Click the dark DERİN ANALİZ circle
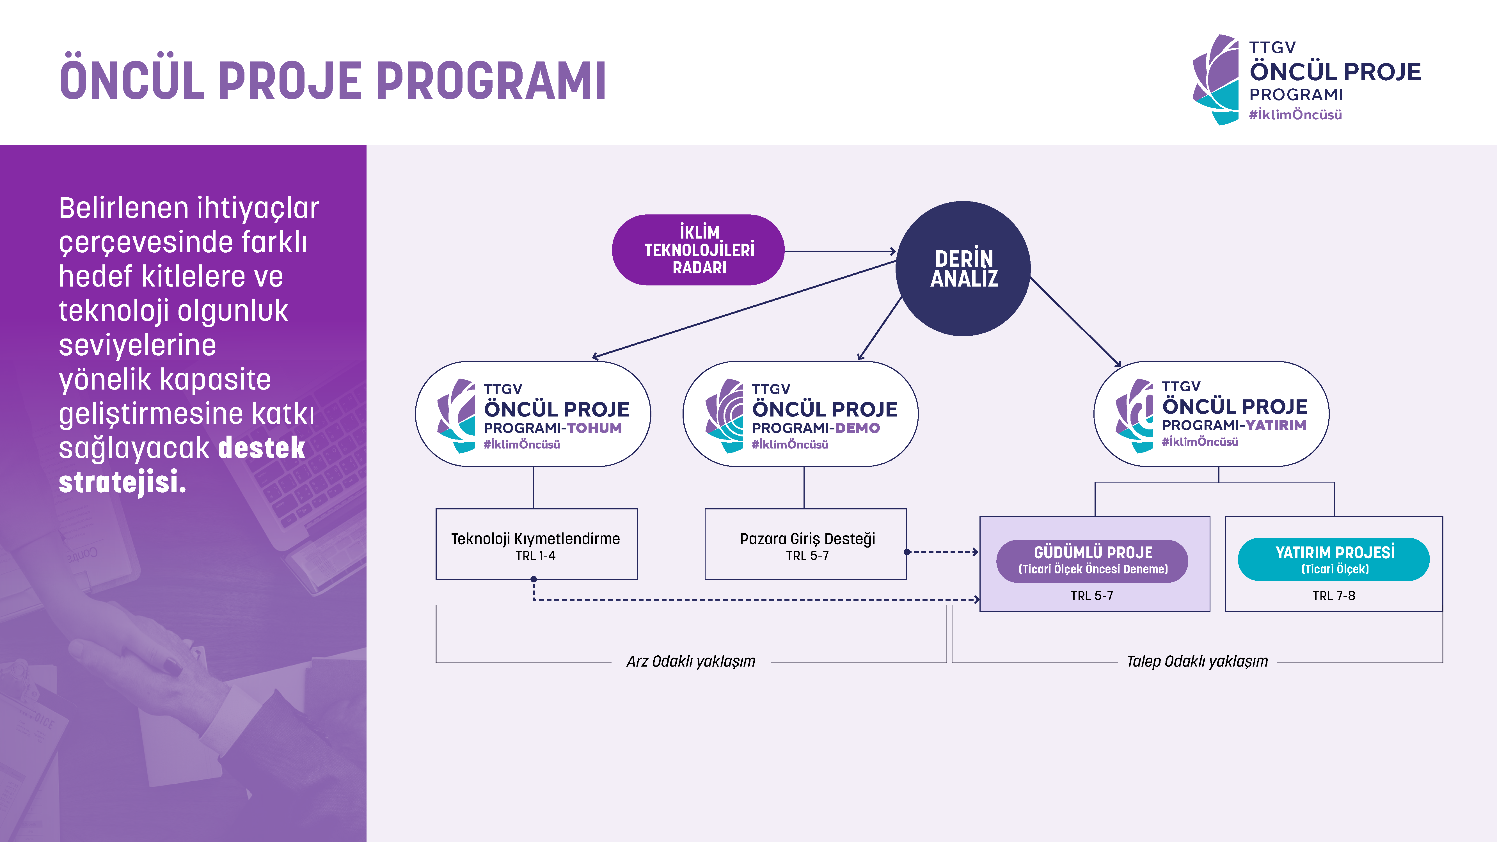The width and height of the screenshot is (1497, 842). (x=963, y=269)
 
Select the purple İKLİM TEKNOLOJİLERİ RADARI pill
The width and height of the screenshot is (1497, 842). (x=699, y=250)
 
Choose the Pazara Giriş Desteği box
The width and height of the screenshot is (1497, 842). (x=806, y=544)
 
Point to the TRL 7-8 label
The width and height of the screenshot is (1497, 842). (x=1334, y=596)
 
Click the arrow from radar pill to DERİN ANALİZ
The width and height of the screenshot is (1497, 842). (x=840, y=251)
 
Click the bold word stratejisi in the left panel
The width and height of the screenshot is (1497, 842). (x=122, y=482)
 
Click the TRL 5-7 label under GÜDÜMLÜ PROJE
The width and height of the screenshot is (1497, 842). (x=1092, y=596)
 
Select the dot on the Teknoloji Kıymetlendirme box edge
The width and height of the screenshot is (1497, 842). (x=534, y=579)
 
